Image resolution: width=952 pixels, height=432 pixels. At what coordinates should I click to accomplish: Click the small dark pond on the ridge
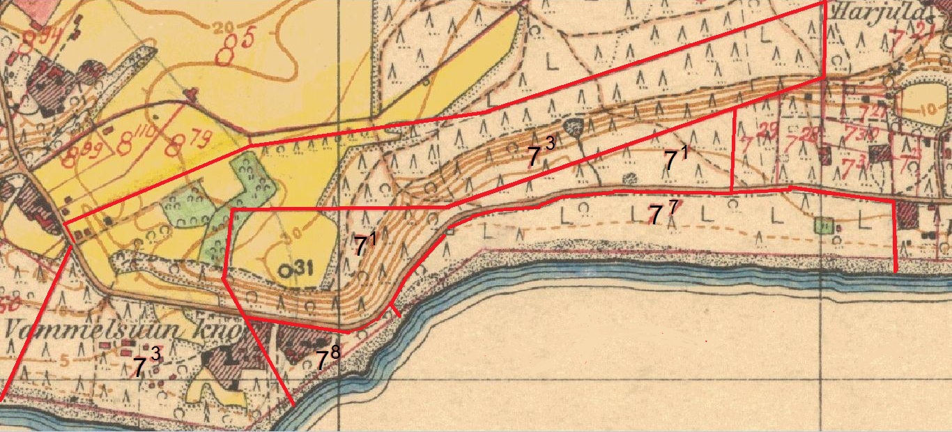click(574, 127)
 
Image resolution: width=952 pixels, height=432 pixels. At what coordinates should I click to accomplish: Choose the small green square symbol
click(824, 225)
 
